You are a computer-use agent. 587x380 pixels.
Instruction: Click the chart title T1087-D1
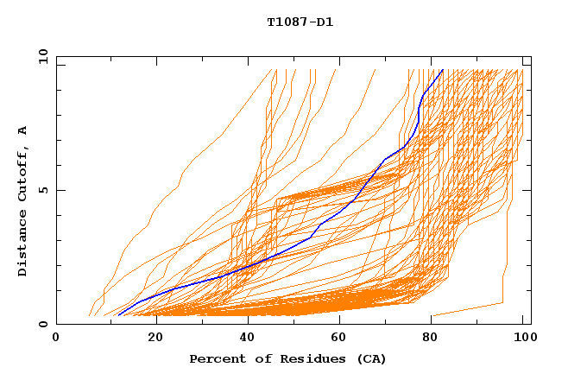(x=300, y=22)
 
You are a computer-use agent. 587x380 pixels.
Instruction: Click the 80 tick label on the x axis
(x=430, y=339)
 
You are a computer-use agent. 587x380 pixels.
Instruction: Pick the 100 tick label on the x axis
(x=523, y=339)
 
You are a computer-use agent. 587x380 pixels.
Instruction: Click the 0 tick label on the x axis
(x=57, y=339)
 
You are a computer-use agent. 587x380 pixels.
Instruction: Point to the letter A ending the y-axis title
(x=23, y=130)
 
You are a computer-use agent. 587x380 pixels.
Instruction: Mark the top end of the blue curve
(x=442, y=70)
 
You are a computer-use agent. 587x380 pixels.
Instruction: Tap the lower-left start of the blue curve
(x=119, y=314)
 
